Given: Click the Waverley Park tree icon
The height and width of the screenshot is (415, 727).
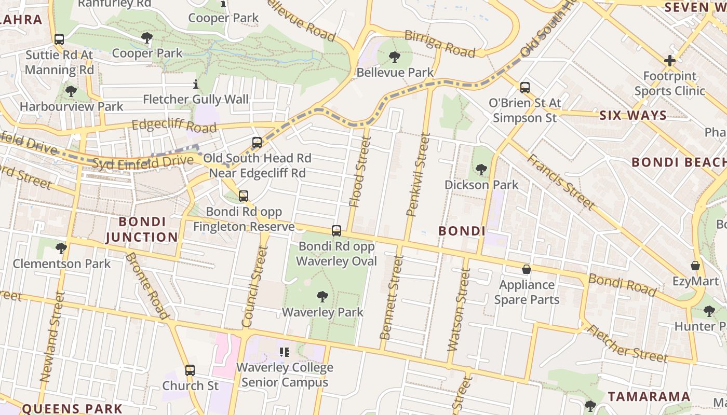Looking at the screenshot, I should click(322, 297).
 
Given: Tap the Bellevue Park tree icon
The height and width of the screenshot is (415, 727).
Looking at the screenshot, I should click(395, 57).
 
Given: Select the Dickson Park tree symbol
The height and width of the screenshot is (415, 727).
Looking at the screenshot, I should click(481, 169).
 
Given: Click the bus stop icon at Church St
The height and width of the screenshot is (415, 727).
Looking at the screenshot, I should click(190, 370).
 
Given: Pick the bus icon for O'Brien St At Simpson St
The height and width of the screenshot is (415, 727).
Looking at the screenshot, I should click(525, 87).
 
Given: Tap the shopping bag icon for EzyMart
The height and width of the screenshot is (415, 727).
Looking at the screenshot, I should click(695, 266).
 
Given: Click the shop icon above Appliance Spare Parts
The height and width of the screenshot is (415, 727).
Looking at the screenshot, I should click(527, 269).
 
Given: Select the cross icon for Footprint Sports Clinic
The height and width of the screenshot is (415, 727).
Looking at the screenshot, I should click(669, 61).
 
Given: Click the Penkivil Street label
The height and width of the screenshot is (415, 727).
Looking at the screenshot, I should click(419, 174).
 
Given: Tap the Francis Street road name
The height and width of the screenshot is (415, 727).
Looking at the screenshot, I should click(561, 182).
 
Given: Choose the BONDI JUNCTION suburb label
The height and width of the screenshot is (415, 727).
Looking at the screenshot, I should click(142, 229).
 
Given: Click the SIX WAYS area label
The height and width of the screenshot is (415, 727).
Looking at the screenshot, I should click(633, 115).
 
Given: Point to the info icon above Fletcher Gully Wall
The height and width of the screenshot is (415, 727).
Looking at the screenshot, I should click(196, 84).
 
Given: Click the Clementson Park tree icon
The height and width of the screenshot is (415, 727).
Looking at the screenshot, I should click(61, 248).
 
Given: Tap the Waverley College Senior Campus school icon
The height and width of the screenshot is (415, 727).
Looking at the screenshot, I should click(284, 352).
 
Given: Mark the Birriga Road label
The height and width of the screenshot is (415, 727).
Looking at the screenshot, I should click(439, 44).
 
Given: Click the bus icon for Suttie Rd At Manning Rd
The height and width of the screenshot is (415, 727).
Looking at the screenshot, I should click(59, 39).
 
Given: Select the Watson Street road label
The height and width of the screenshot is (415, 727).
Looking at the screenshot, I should click(458, 309).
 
